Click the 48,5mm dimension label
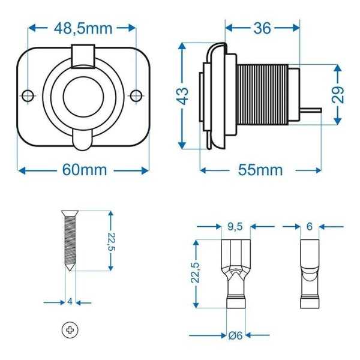[x=83, y=28]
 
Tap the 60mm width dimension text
[x=84, y=170]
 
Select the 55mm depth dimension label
[x=260, y=170]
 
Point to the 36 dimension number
[x=262, y=28]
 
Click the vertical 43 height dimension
[x=184, y=95]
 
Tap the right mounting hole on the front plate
[x=136, y=95]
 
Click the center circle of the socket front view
[x=82, y=96]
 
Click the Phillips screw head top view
[x=70, y=329]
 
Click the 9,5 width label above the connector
[x=235, y=227]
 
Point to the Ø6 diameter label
[x=235, y=335]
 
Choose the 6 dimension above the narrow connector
[x=309, y=227]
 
